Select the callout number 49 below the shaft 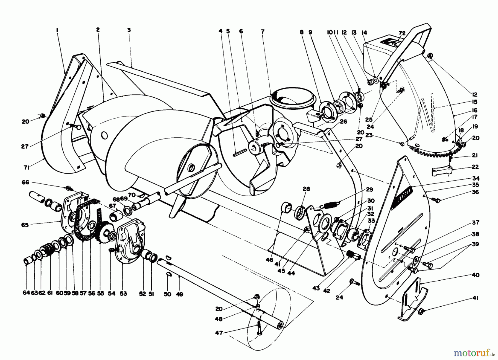[180, 294]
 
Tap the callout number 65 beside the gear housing [25, 225]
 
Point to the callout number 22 [476, 167]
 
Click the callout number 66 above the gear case [25, 182]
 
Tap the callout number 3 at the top [129, 30]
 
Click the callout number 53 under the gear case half [123, 294]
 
